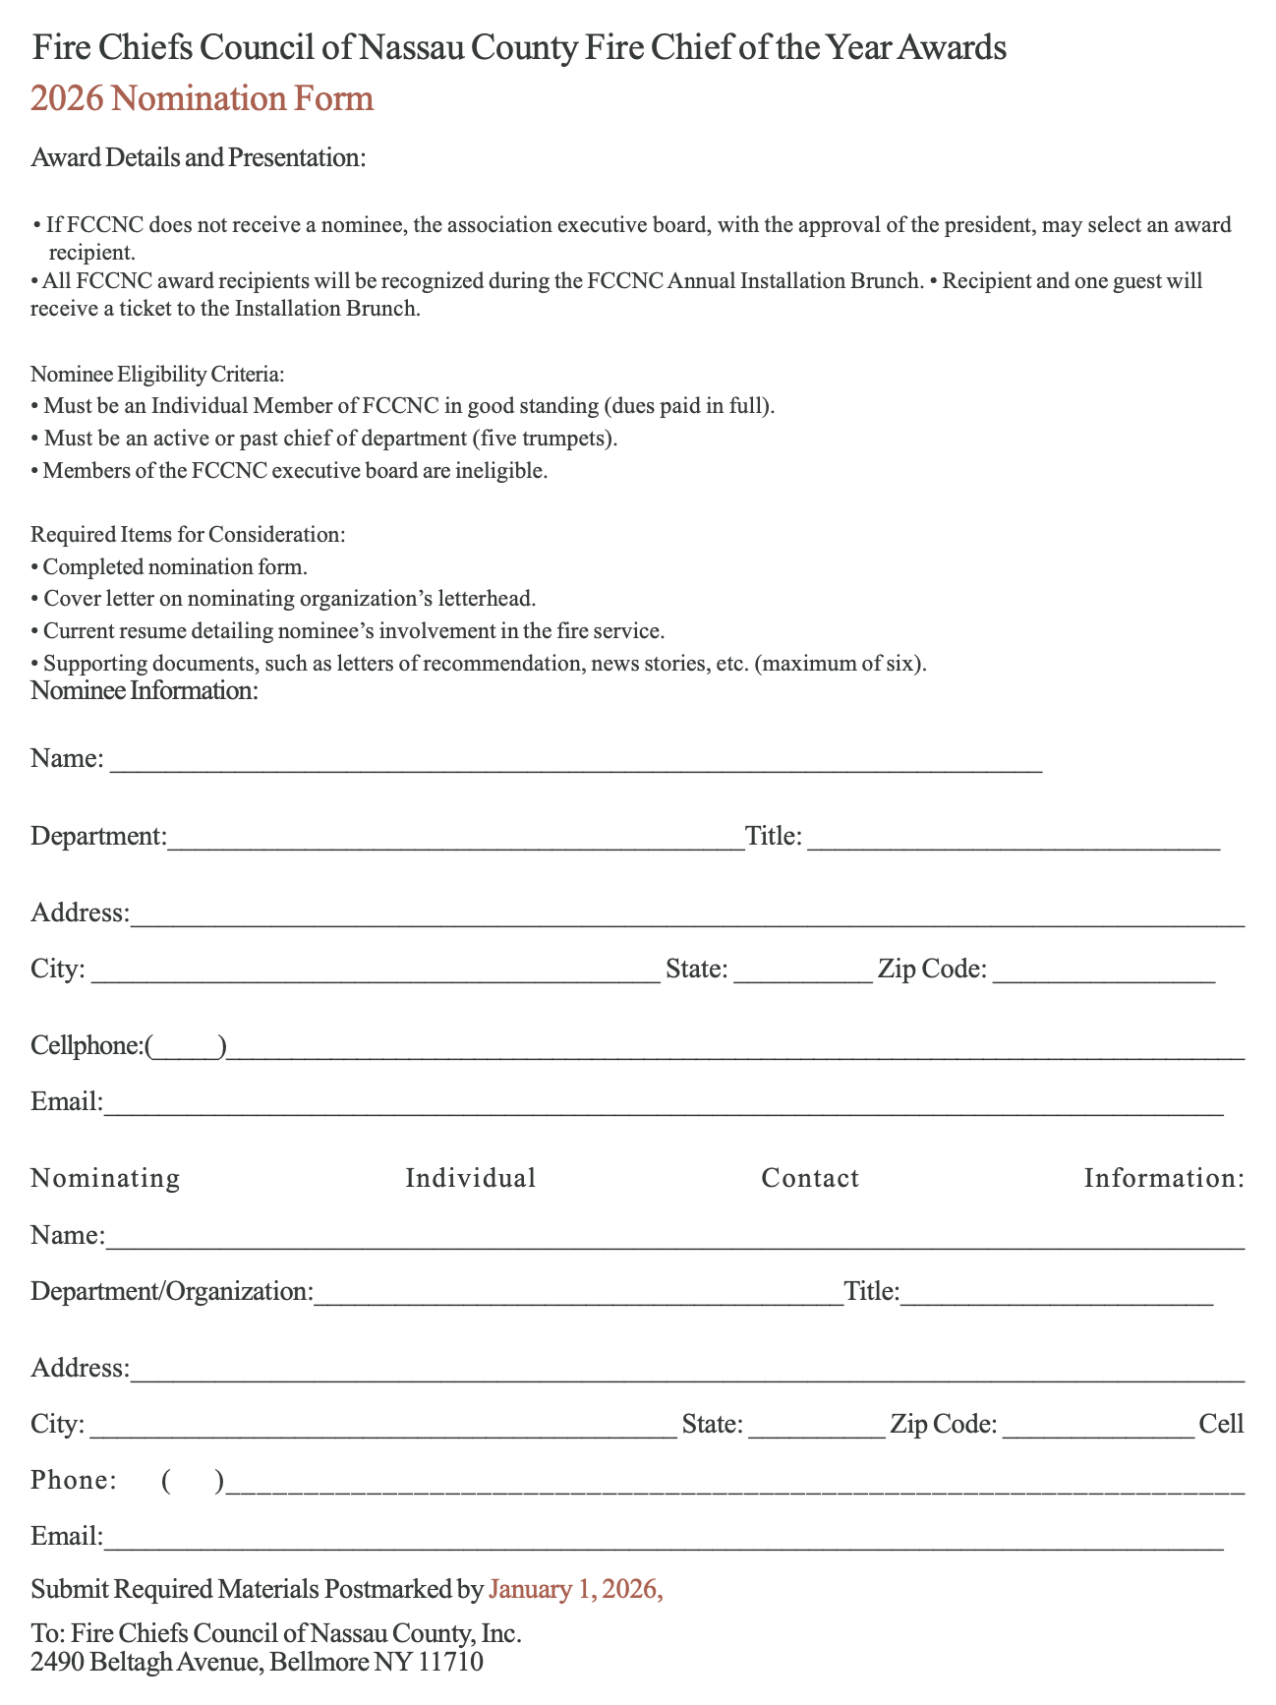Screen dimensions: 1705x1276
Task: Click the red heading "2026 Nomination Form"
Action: [202, 99]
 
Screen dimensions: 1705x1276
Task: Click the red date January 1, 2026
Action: [575, 1589]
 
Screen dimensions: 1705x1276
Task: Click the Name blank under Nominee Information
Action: [575, 763]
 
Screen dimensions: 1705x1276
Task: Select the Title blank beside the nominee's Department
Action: [1013, 840]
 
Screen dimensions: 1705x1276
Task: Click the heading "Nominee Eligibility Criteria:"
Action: [157, 375]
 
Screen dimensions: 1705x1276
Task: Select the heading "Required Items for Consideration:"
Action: [188, 535]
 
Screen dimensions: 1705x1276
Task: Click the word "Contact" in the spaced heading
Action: [810, 1178]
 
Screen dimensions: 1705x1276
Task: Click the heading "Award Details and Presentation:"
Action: [199, 157]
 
